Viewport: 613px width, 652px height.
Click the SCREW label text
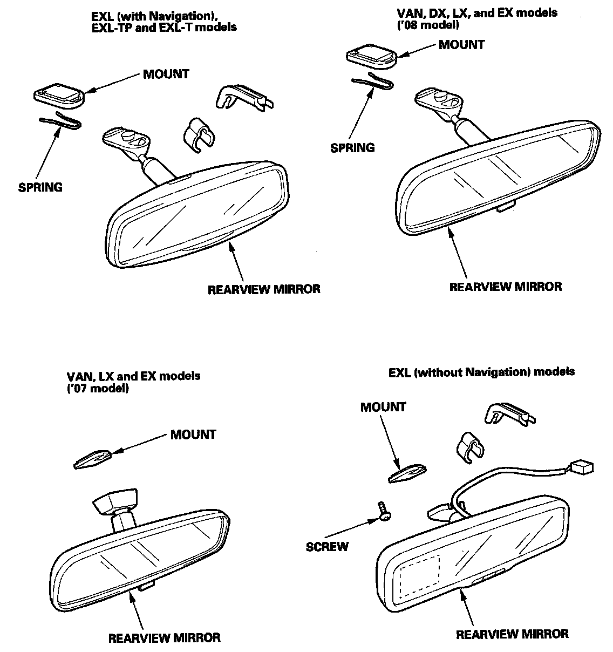click(327, 546)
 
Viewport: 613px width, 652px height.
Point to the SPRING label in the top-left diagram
click(40, 187)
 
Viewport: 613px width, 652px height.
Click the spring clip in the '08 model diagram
click(372, 83)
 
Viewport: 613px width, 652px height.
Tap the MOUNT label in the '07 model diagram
click(193, 434)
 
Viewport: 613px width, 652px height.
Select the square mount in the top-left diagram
click(59, 96)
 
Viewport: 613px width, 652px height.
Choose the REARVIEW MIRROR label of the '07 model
click(164, 637)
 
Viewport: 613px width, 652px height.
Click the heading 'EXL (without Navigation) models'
click(481, 372)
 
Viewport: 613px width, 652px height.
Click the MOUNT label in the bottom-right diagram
click(383, 407)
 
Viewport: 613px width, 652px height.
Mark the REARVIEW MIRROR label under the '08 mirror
click(505, 286)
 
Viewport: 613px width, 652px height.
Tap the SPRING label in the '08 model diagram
click(352, 147)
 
